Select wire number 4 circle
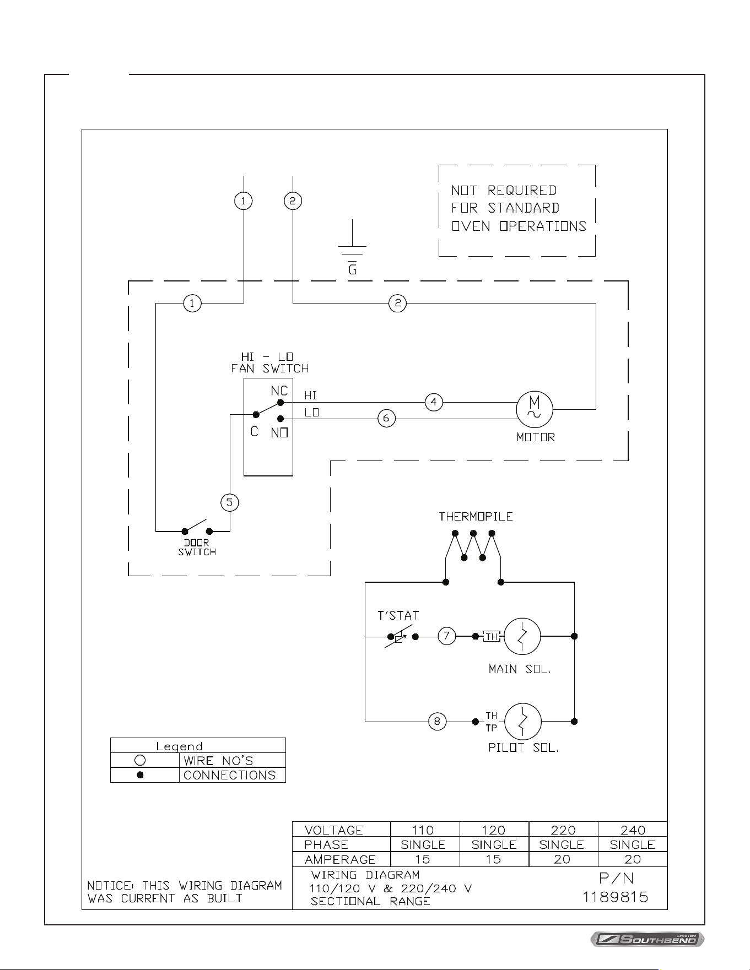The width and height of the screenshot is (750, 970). click(434, 402)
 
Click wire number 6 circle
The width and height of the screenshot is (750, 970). click(386, 419)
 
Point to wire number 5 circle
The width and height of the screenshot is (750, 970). click(230, 502)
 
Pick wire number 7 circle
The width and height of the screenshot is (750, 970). click(446, 636)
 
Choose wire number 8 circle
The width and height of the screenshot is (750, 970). click(437, 722)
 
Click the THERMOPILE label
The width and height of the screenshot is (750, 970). click(476, 517)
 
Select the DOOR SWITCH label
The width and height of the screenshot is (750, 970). click(197, 548)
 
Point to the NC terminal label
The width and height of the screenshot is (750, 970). click(279, 391)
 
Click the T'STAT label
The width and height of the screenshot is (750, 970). click(398, 616)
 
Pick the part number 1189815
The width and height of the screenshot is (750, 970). click(616, 897)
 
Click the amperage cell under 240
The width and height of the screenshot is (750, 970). click(633, 859)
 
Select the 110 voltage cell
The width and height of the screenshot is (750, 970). click(423, 830)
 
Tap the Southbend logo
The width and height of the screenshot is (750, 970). click(648, 939)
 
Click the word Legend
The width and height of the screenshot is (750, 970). click(180, 746)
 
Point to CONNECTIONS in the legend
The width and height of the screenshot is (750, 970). click(229, 775)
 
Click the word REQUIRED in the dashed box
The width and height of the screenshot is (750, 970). click(521, 191)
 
